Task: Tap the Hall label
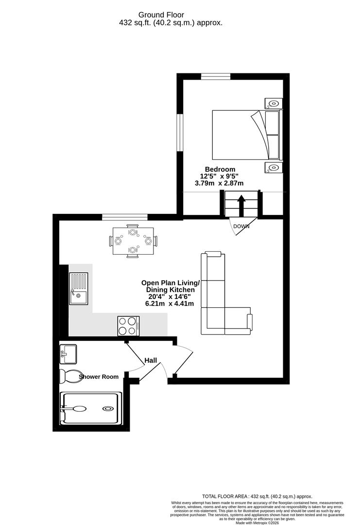(151, 361)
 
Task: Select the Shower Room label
(99, 377)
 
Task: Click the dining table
(133, 241)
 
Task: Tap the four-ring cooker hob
(129, 325)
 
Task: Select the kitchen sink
(79, 288)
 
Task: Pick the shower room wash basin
(68, 353)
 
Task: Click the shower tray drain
(107, 408)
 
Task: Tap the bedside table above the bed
(273, 103)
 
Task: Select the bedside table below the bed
(273, 168)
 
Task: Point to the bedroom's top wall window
(216, 76)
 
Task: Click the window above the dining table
(125, 217)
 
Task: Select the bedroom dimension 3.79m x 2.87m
(219, 183)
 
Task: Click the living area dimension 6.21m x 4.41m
(170, 303)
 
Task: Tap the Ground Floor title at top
(171, 15)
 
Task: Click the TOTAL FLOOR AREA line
(257, 496)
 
